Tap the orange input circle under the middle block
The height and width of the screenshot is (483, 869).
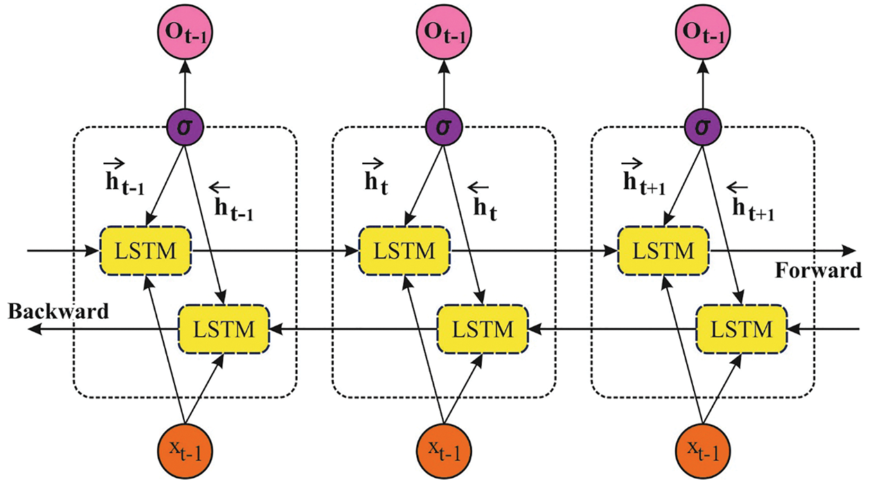click(x=443, y=449)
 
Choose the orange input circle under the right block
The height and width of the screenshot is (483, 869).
click(x=702, y=449)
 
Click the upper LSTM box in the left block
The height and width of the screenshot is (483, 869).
click(x=145, y=249)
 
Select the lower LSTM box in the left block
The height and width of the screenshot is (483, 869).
click(x=224, y=327)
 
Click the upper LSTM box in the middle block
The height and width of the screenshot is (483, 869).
click(x=404, y=249)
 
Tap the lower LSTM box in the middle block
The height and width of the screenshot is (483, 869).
click(x=482, y=327)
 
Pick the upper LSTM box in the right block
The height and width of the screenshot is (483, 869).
click(x=663, y=249)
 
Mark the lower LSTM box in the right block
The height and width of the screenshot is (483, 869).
click(x=741, y=327)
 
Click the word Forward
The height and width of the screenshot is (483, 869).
click(x=818, y=271)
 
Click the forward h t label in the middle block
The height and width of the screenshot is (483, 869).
click(x=374, y=177)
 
